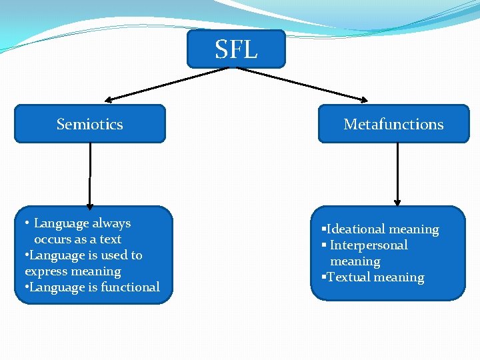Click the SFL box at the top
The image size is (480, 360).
point(236,49)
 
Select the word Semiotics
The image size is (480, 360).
point(89,124)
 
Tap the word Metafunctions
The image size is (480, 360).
point(393,124)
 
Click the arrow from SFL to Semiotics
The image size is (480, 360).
point(170,85)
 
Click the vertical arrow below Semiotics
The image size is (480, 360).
point(90,175)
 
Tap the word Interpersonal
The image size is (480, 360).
point(369,245)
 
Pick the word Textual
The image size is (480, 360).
point(350,277)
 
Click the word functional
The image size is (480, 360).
point(131,287)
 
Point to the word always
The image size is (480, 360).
point(111,223)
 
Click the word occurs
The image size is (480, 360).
point(53,239)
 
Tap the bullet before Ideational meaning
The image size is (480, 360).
point(323,229)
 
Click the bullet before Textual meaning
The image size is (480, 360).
point(323,277)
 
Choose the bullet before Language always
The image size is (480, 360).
point(26,223)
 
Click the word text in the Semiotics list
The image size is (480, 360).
point(110,239)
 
